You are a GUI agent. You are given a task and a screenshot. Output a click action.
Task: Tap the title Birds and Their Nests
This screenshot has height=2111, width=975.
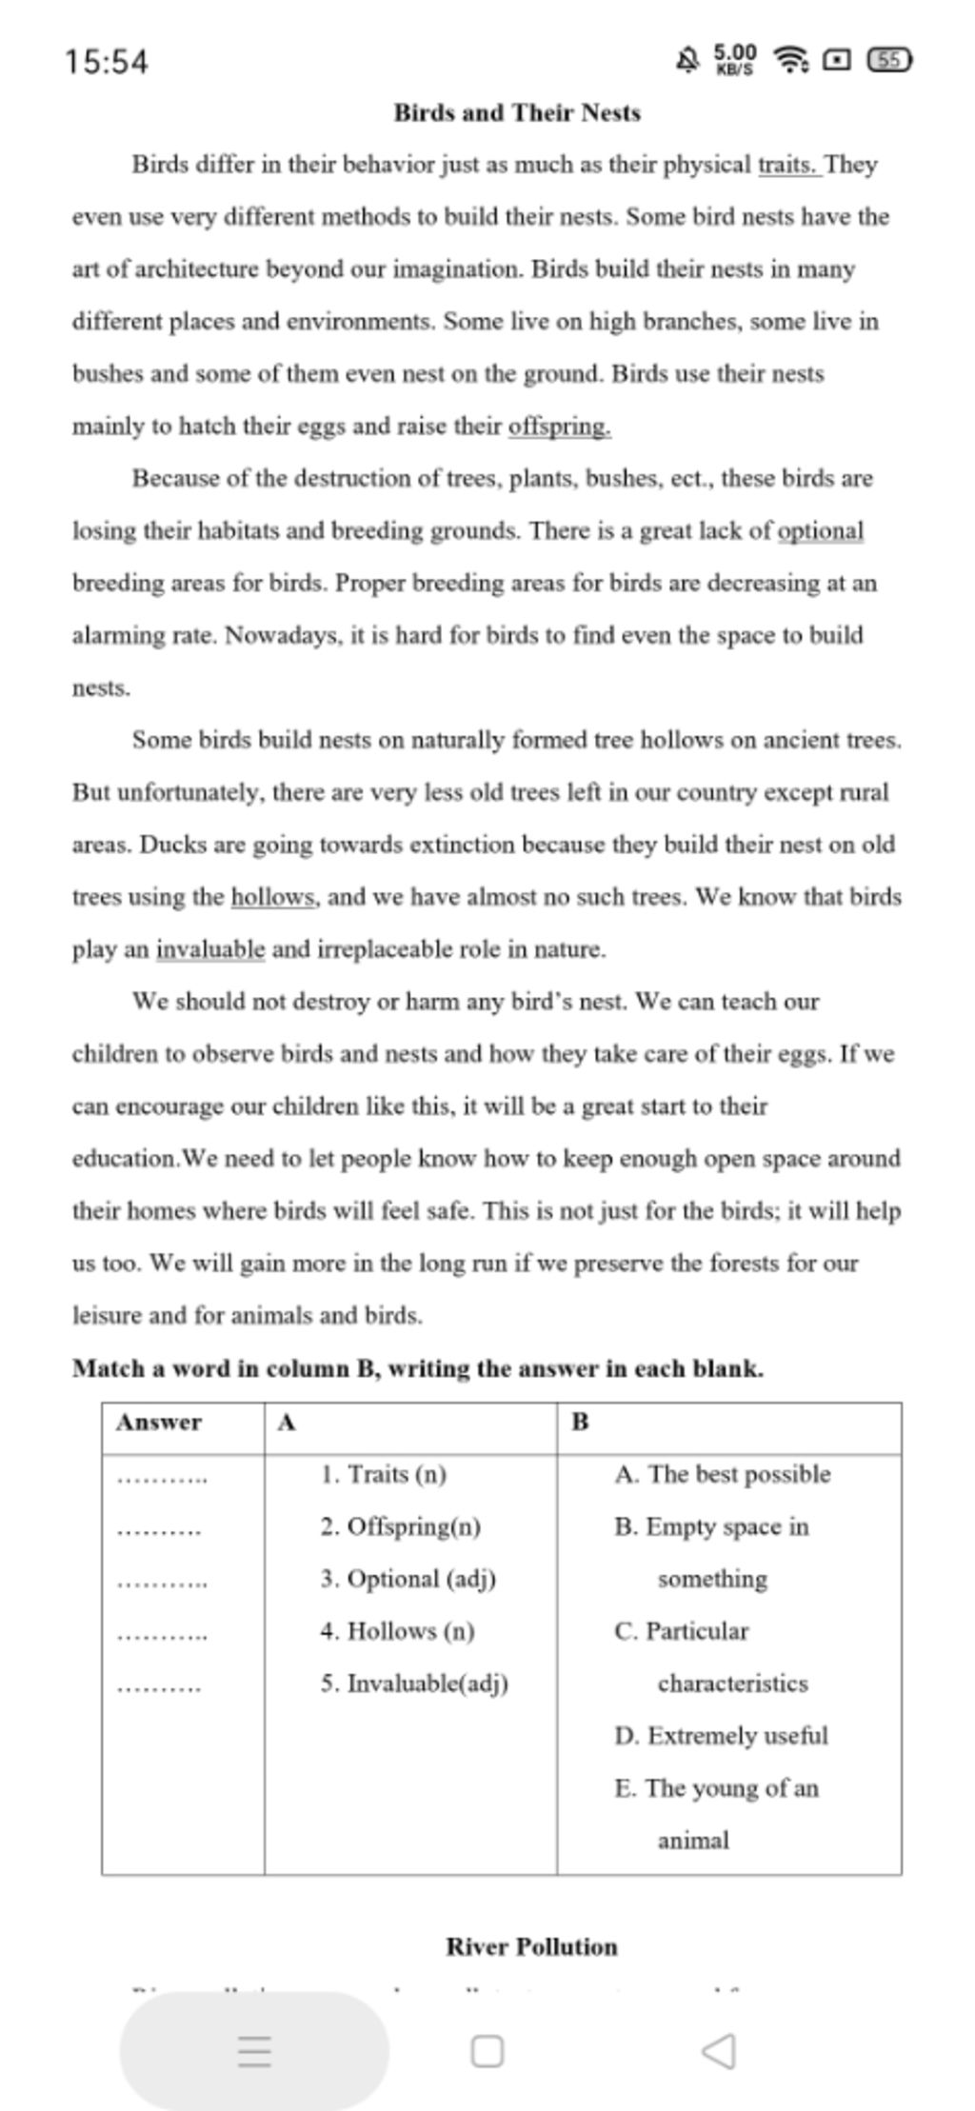(x=517, y=113)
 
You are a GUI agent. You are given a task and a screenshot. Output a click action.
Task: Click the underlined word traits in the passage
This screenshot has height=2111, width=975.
(x=787, y=166)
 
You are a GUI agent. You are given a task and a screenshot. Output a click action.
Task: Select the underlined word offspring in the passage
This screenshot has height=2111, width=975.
(x=559, y=427)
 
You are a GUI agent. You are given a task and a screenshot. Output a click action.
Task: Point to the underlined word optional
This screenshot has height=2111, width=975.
(x=821, y=531)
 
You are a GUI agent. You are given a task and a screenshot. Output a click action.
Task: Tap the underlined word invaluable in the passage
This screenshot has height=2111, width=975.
(x=210, y=949)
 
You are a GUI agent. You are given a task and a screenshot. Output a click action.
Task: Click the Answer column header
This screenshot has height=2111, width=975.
(x=159, y=1422)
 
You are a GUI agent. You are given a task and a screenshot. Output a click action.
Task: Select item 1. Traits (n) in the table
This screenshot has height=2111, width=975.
(x=384, y=1474)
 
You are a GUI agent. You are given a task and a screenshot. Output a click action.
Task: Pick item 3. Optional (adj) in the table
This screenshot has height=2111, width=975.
(x=408, y=1579)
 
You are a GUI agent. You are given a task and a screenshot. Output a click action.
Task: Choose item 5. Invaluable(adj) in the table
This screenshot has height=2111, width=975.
(x=414, y=1683)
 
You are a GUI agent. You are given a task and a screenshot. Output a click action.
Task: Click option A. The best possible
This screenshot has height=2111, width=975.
(x=723, y=1474)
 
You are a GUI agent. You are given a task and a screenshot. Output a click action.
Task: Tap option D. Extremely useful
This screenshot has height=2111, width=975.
(x=721, y=1736)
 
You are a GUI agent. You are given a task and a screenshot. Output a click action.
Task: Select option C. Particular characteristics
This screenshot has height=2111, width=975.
(x=709, y=1657)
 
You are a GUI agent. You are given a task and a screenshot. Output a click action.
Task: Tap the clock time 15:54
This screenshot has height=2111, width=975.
(x=107, y=63)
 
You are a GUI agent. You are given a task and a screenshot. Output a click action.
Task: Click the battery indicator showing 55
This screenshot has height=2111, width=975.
(x=889, y=61)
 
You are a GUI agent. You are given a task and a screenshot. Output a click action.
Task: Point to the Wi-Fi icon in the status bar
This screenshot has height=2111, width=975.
(x=790, y=61)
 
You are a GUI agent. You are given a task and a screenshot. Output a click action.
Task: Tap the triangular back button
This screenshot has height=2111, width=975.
(x=719, y=2050)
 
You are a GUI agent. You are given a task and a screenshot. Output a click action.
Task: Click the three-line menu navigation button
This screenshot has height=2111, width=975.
(x=254, y=2050)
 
